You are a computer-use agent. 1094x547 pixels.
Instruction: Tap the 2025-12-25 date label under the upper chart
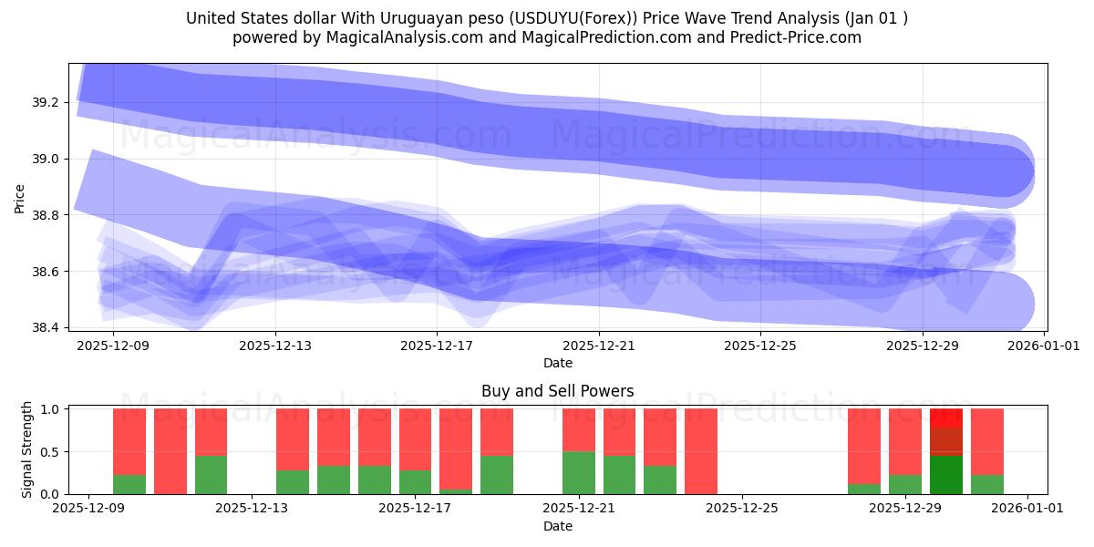pos(760,346)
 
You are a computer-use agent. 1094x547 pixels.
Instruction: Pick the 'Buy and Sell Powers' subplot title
pos(557,391)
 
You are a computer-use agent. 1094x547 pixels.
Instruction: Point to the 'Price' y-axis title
pos(20,198)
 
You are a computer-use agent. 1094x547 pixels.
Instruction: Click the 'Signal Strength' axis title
pos(27,449)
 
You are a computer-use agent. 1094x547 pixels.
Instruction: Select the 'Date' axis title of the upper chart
pos(557,363)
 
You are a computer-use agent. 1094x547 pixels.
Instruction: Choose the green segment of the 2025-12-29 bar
pos(904,484)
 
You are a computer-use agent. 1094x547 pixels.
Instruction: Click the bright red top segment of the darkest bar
pos(945,418)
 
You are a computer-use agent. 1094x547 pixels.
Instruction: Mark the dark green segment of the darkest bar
pos(945,474)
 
